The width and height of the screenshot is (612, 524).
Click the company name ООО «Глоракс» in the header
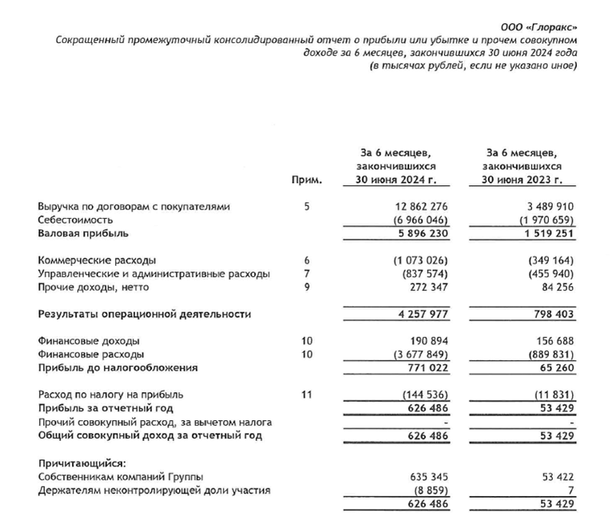[546, 26]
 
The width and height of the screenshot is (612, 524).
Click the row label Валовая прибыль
[83, 233]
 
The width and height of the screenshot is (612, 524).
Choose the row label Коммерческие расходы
[97, 260]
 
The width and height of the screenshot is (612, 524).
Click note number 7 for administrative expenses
[308, 274]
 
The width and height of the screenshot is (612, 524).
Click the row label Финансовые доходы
[89, 341]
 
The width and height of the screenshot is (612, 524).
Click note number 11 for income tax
[308, 395]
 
